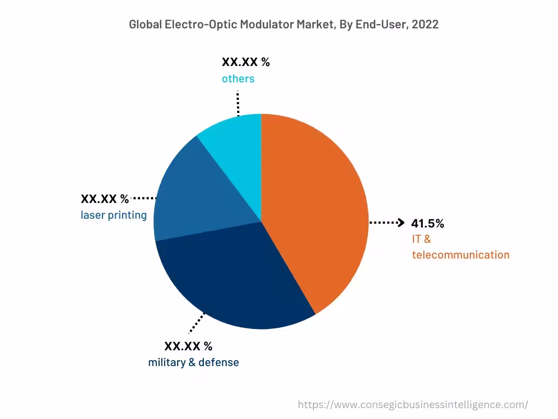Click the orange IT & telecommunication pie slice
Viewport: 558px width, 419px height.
[316, 207]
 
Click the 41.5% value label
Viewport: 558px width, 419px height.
[428, 223]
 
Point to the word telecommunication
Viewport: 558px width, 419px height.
[460, 255]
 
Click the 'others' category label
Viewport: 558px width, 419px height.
[238, 79]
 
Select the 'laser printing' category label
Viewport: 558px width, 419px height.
[113, 215]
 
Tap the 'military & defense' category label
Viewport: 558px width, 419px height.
[193, 362]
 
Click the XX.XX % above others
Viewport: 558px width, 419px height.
[245, 62]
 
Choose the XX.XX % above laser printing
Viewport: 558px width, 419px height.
[105, 199]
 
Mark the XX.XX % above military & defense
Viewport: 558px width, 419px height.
[188, 346]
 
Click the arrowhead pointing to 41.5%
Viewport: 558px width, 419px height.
[401, 223]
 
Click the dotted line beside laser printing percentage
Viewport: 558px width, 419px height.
[144, 198]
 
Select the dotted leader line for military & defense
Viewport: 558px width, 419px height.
[197, 322]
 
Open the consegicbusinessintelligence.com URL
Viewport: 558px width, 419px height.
[413, 404]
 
